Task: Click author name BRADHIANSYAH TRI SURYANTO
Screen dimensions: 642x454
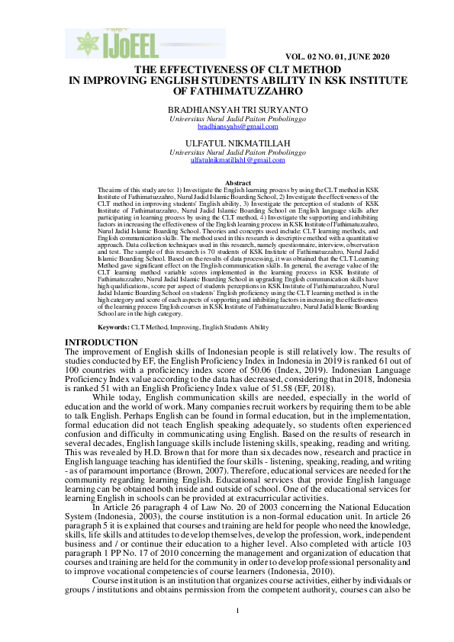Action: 227,111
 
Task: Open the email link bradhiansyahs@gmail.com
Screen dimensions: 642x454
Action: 227,127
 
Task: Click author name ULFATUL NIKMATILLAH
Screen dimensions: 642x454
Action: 227,143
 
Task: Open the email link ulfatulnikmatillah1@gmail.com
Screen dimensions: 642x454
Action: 227,160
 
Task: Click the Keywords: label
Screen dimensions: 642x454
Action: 114,326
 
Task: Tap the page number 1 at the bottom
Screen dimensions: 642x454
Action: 237,632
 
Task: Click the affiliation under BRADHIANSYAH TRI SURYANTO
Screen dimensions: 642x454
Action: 227,119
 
